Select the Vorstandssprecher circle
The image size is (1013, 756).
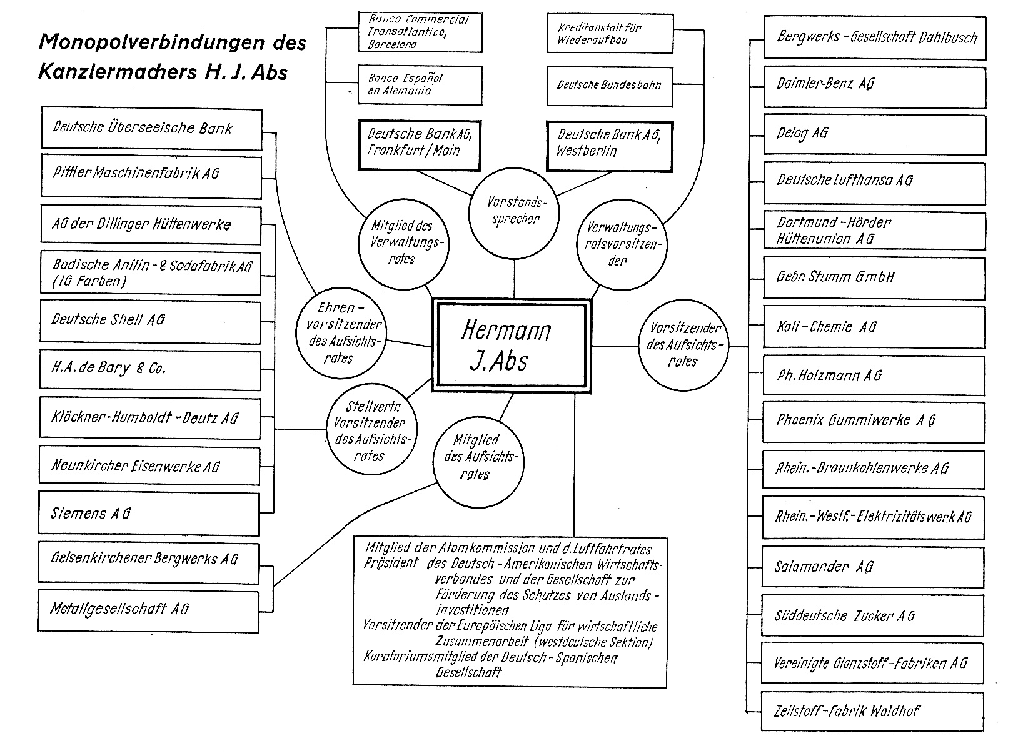tap(513, 211)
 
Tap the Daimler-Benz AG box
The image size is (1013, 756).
tap(874, 86)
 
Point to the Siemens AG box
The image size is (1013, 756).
tap(149, 513)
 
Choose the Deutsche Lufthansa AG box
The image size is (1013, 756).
tap(874, 181)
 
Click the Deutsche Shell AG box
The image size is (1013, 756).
tap(151, 320)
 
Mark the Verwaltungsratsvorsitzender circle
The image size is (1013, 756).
tap(620, 244)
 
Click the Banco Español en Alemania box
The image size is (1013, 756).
tap(420, 85)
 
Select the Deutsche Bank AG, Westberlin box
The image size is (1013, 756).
tap(610, 145)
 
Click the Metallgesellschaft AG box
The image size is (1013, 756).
tap(149, 609)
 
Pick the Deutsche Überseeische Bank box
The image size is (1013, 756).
tap(151, 129)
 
